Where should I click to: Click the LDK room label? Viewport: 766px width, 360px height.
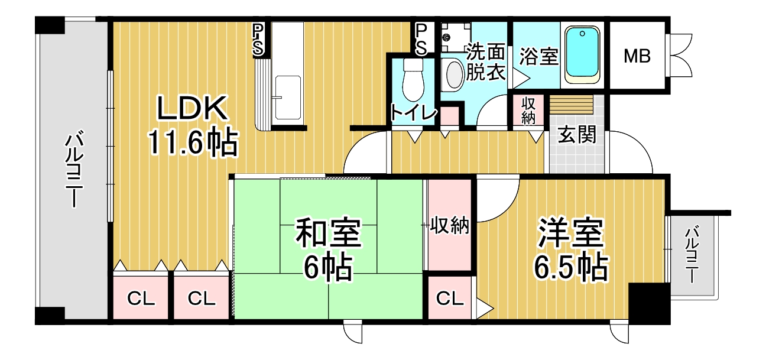[192, 108]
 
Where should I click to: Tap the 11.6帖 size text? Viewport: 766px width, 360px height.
[193, 142]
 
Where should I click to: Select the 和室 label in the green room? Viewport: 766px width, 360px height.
[328, 232]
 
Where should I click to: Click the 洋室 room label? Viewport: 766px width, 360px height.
[570, 232]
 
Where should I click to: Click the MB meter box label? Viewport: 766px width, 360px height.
[637, 56]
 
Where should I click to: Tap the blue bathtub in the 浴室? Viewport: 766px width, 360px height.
[582, 55]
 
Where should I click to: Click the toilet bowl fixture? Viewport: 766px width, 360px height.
[413, 80]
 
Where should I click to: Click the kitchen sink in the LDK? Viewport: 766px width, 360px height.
[288, 98]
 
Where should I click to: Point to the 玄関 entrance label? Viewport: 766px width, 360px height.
[577, 134]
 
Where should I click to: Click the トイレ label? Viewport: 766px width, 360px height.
[413, 113]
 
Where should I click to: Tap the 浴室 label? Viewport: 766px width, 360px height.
[539, 56]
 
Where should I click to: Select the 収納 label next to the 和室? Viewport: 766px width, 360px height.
[449, 225]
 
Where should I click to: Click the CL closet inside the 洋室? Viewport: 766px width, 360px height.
[449, 298]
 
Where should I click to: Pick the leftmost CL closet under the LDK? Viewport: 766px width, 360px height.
[141, 298]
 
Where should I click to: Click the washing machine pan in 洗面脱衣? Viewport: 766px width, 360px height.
[456, 37]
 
